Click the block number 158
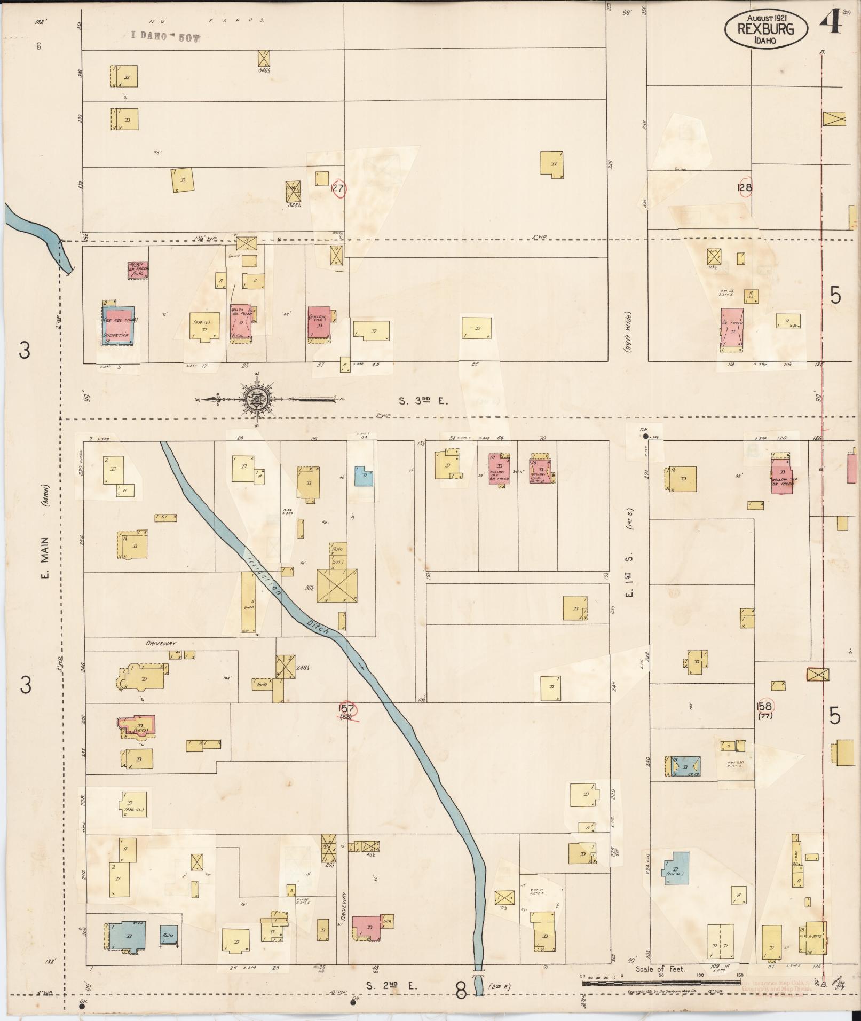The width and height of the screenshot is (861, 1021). point(764,707)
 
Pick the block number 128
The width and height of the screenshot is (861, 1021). point(744,188)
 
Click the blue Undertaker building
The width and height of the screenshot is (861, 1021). point(119,326)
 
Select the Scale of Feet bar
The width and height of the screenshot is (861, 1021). point(660,982)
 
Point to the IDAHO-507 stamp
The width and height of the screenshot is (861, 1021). point(165,37)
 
